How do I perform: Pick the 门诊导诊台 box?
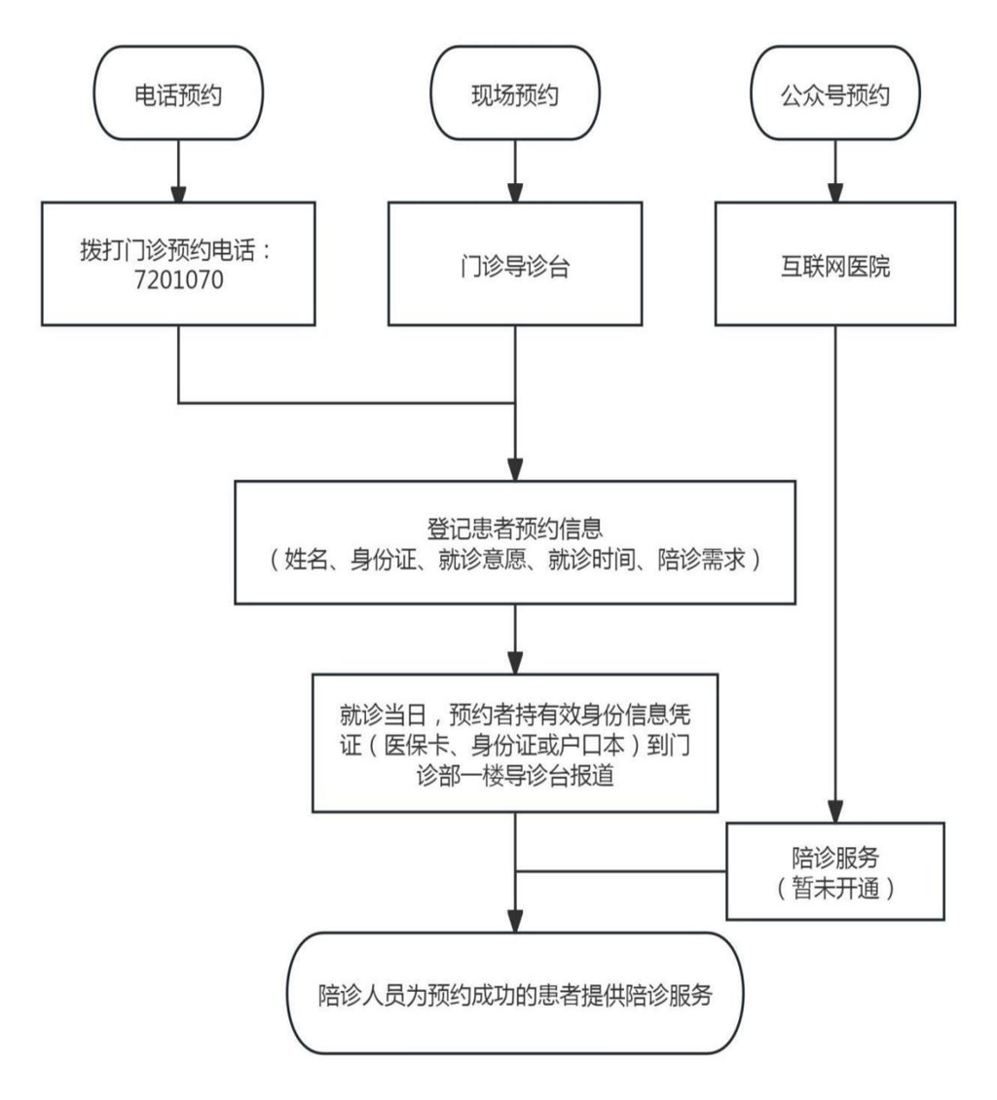pos(513,263)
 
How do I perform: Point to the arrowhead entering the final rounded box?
pos(515,920)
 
